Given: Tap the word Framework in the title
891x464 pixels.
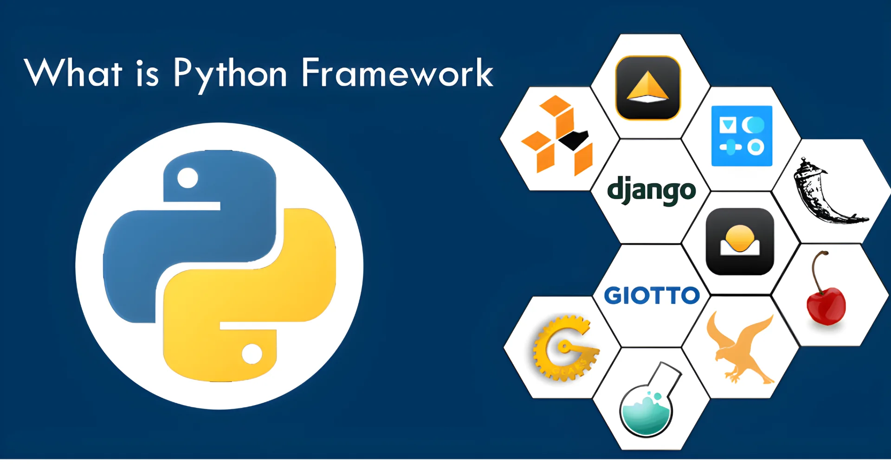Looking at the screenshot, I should click(x=397, y=73).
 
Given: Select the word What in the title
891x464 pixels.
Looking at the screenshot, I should click(x=73, y=73).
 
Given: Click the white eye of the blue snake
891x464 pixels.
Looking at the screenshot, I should click(x=187, y=178).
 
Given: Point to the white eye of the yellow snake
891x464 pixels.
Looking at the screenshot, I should click(x=252, y=354).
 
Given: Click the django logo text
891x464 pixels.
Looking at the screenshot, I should click(x=651, y=190).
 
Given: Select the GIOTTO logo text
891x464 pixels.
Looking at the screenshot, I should click(x=652, y=296).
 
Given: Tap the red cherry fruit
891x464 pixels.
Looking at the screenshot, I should click(x=826, y=306).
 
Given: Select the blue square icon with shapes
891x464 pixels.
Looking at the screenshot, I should click(x=742, y=136).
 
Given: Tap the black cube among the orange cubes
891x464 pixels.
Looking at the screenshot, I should click(x=574, y=139).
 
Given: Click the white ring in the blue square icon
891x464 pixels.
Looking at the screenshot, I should click(x=755, y=148).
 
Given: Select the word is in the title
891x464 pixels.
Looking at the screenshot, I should click(x=148, y=73).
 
